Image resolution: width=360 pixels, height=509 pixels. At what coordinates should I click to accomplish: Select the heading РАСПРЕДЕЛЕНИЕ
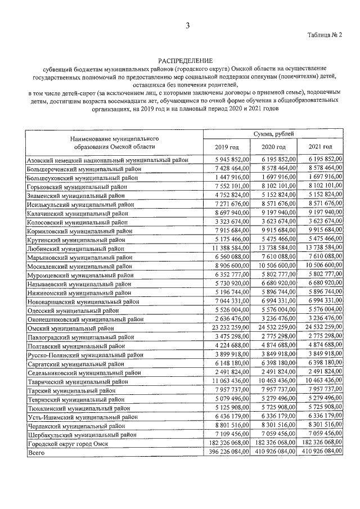[185, 60]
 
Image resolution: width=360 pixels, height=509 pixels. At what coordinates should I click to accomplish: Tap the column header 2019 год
[227, 147]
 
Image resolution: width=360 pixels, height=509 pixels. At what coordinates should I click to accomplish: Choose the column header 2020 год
[273, 147]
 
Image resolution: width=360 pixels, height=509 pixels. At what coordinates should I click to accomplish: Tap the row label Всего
[36, 453]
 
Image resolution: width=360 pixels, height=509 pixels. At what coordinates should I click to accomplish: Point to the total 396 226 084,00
[227, 453]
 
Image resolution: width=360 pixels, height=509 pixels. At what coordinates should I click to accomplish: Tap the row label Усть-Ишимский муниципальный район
[78, 417]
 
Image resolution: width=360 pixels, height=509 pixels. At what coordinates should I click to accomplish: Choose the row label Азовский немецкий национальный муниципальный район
[107, 160]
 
